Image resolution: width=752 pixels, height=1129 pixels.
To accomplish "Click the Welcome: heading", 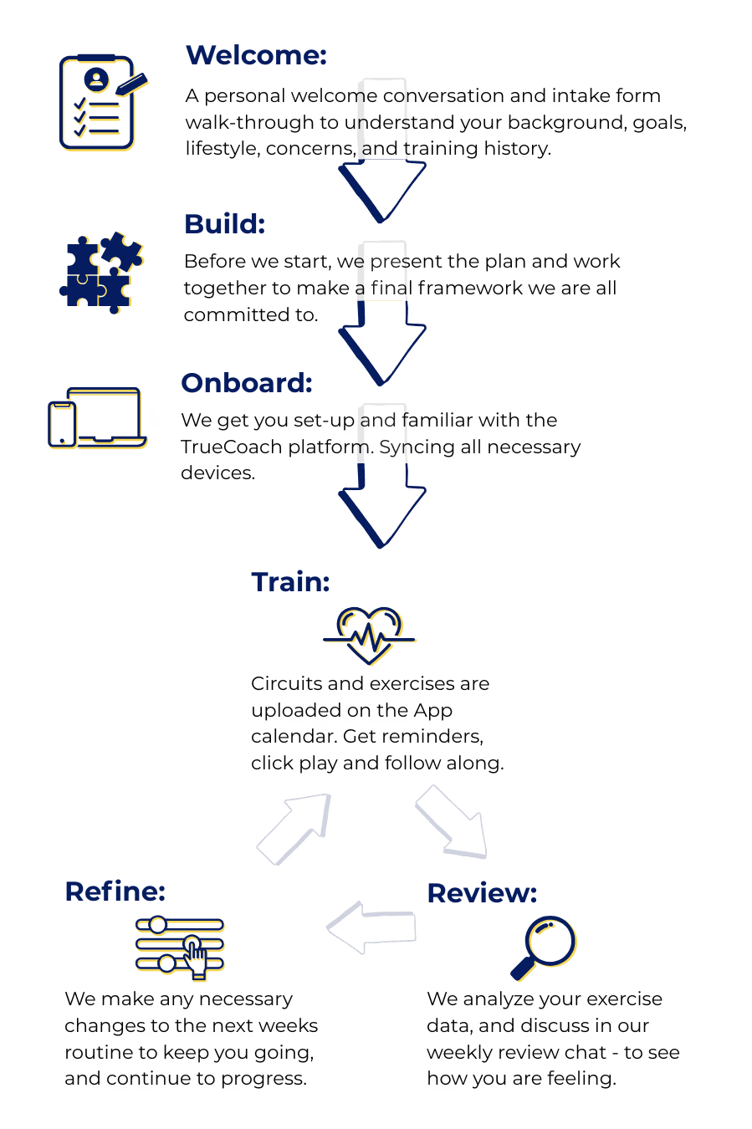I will (256, 56).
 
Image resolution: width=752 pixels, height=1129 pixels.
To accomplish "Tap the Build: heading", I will (224, 224).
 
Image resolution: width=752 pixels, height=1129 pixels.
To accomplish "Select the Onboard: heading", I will (247, 383).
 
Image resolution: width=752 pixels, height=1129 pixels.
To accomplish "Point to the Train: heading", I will (291, 583).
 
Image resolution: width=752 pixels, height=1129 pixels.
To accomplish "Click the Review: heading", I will (482, 893).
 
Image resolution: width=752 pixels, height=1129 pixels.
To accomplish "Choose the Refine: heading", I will (115, 891).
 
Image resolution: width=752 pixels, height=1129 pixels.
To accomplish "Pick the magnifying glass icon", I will (545, 947).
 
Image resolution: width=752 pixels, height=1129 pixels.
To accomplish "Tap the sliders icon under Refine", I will (181, 947).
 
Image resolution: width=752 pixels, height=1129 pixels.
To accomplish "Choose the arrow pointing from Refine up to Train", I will (294, 828).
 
